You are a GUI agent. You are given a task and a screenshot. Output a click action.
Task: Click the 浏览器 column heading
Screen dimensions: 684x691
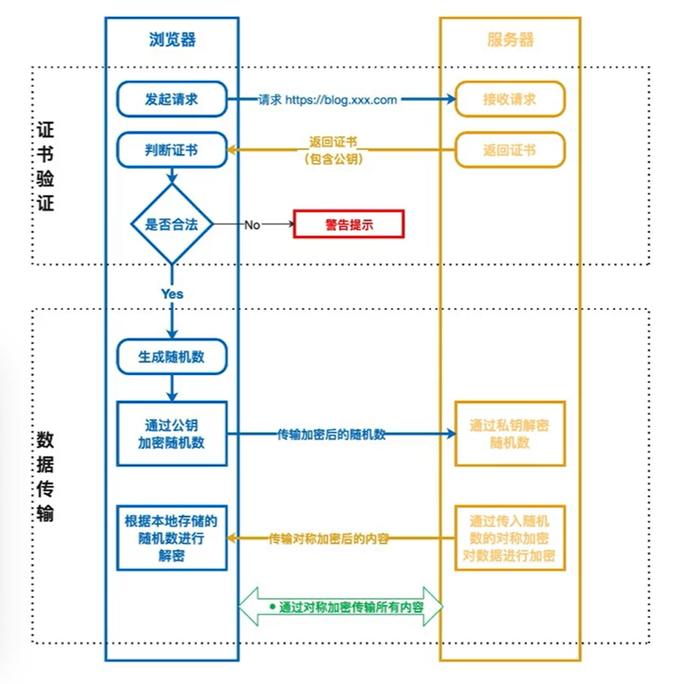click(x=172, y=39)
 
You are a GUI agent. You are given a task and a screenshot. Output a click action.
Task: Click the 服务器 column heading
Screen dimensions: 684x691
click(x=510, y=39)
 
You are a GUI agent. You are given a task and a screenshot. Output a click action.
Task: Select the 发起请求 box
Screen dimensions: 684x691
click(x=172, y=99)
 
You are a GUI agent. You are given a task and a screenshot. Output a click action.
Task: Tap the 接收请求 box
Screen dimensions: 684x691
click(x=510, y=99)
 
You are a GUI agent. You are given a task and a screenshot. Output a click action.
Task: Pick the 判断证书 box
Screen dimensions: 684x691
click(x=172, y=150)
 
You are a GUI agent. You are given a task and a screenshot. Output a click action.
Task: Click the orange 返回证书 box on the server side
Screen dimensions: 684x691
click(x=510, y=150)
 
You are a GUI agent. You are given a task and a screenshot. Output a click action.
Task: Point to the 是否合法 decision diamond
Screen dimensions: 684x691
click(x=172, y=225)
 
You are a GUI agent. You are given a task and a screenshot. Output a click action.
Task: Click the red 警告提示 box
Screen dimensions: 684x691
click(x=349, y=225)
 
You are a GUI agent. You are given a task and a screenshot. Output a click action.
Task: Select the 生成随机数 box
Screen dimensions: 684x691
click(x=172, y=357)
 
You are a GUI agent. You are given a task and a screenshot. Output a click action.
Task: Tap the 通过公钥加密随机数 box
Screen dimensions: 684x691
click(x=172, y=434)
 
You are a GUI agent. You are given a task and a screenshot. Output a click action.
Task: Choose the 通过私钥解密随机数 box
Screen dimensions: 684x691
click(x=510, y=434)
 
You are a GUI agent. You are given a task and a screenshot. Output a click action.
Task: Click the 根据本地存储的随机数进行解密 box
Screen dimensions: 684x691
click(x=172, y=538)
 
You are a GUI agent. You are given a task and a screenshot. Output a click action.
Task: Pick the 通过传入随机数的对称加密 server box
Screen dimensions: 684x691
click(x=510, y=538)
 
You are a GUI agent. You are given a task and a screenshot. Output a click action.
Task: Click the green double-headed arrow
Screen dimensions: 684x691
click(x=341, y=607)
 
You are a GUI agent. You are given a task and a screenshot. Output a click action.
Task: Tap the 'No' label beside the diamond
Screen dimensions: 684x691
click(x=252, y=225)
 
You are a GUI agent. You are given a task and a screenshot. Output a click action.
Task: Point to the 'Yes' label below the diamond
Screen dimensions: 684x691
click(x=172, y=293)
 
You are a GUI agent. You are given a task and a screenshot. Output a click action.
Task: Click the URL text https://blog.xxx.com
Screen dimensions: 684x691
click(x=341, y=100)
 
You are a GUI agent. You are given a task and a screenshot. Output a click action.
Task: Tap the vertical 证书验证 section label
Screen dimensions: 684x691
click(x=45, y=166)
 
